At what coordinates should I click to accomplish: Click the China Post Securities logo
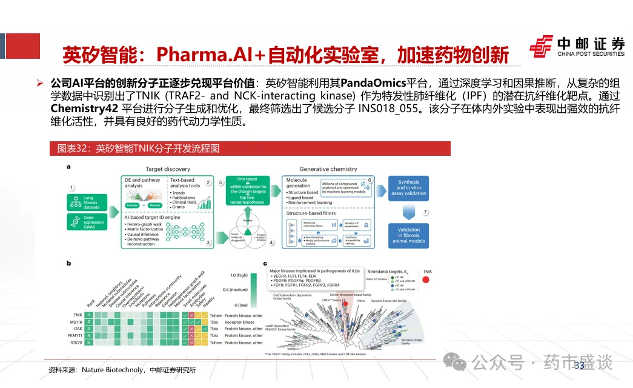[577, 46]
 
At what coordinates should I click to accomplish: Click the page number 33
[578, 365]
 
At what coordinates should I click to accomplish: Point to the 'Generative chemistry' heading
[328, 169]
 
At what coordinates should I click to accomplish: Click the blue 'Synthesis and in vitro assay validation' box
[408, 189]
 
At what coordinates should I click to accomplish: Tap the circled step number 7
[425, 212]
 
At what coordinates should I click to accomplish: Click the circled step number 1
[71, 189]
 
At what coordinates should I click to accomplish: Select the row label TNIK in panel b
[77, 315]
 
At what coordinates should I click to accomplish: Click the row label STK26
[76, 343]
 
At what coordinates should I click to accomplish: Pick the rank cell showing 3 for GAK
[88, 329]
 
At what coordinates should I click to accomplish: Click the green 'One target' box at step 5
[248, 179]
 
